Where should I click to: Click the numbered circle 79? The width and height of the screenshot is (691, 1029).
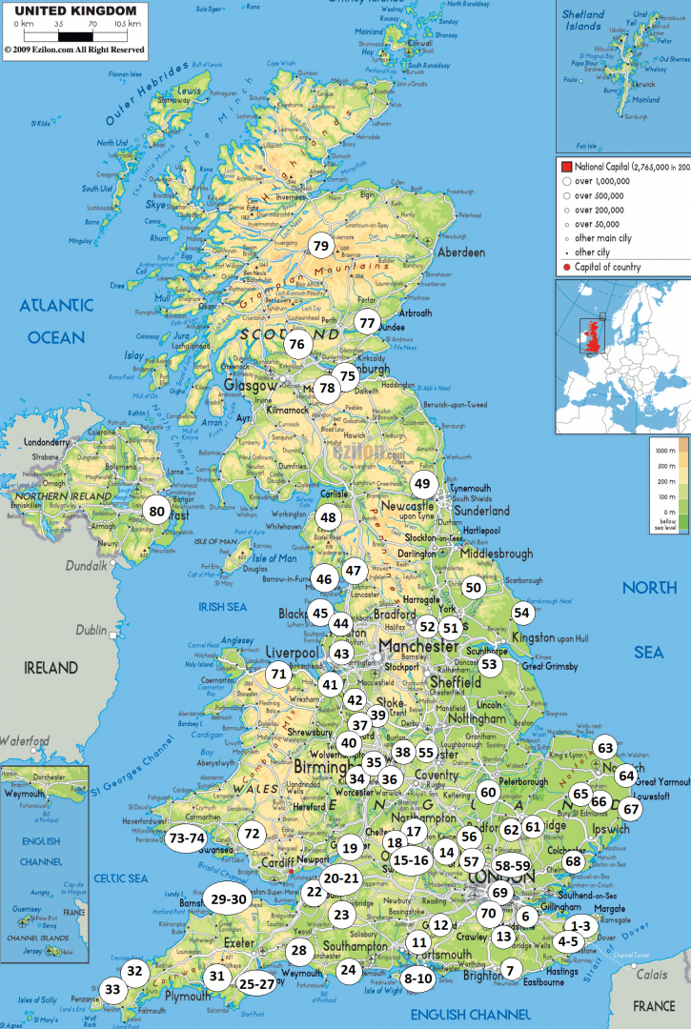pos(320,246)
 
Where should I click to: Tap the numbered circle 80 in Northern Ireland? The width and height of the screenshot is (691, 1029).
pos(155,510)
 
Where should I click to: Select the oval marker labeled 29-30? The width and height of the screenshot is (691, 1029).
pos(229,898)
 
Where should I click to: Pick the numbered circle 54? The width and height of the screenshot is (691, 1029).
pos(521,613)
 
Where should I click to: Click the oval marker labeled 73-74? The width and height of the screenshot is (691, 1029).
pos(186,838)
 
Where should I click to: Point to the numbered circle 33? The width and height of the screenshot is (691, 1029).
pos(113,990)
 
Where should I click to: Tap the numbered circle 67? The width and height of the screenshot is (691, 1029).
pos(631,809)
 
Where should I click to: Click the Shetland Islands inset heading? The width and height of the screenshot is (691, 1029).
pos(582,20)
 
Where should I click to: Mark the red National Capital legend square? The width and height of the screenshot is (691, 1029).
pos(566,166)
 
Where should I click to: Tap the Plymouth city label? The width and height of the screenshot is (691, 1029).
pos(189,996)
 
